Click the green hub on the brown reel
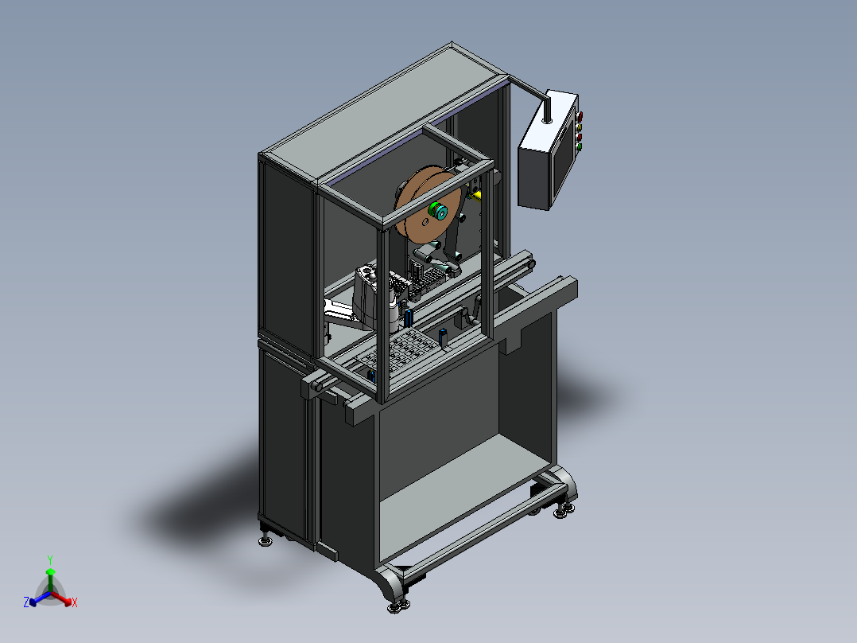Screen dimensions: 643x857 coord(437,212)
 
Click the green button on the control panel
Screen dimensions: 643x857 coord(580,146)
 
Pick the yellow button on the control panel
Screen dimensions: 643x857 coord(579,126)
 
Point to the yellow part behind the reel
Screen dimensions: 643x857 coord(475,193)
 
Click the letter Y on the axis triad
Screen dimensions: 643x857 coord(49,559)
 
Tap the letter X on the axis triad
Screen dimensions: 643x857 coord(74,603)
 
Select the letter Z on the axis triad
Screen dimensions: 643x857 coord(26,603)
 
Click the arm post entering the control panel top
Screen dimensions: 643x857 coord(546,110)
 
